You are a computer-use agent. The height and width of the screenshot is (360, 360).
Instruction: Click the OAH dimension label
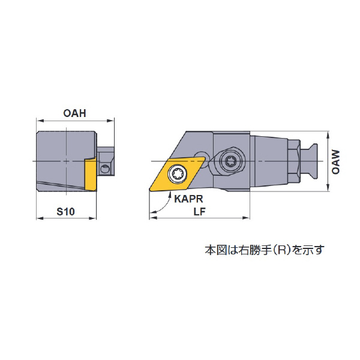74,113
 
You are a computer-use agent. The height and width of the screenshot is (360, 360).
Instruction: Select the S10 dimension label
65,211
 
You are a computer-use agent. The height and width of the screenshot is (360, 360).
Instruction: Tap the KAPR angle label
188,199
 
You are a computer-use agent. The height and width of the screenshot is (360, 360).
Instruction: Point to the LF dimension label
199,211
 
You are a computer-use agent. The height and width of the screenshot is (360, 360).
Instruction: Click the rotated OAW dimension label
335,162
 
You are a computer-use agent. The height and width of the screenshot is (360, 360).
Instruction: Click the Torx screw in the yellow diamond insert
177,174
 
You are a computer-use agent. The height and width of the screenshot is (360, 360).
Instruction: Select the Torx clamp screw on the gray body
230,161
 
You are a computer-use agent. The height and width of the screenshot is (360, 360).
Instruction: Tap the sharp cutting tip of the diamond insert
149,190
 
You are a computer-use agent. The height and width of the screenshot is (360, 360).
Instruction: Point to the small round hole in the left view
104,169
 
